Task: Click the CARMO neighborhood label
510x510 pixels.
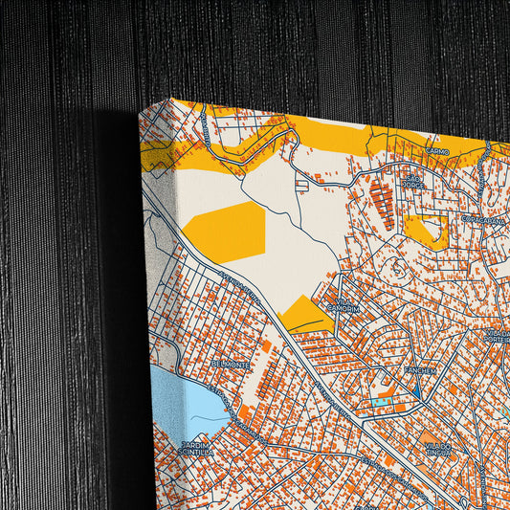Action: (437, 151)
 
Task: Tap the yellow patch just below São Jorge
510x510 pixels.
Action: (425, 230)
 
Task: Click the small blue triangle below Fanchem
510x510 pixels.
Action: (418, 391)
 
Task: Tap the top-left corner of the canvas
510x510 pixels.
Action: (142, 111)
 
